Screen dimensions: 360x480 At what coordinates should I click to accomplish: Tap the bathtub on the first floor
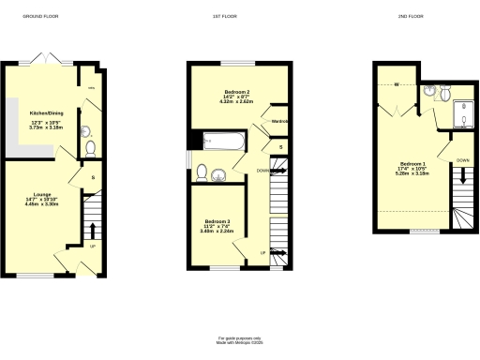tap(223, 142)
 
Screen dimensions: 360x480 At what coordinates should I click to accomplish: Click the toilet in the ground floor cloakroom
tap(90, 148)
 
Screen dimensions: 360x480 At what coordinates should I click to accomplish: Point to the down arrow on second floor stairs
tap(460, 193)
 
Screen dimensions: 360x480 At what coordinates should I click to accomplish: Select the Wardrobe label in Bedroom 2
tap(278, 122)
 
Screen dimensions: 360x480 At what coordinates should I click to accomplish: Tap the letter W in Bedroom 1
tap(397, 85)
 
